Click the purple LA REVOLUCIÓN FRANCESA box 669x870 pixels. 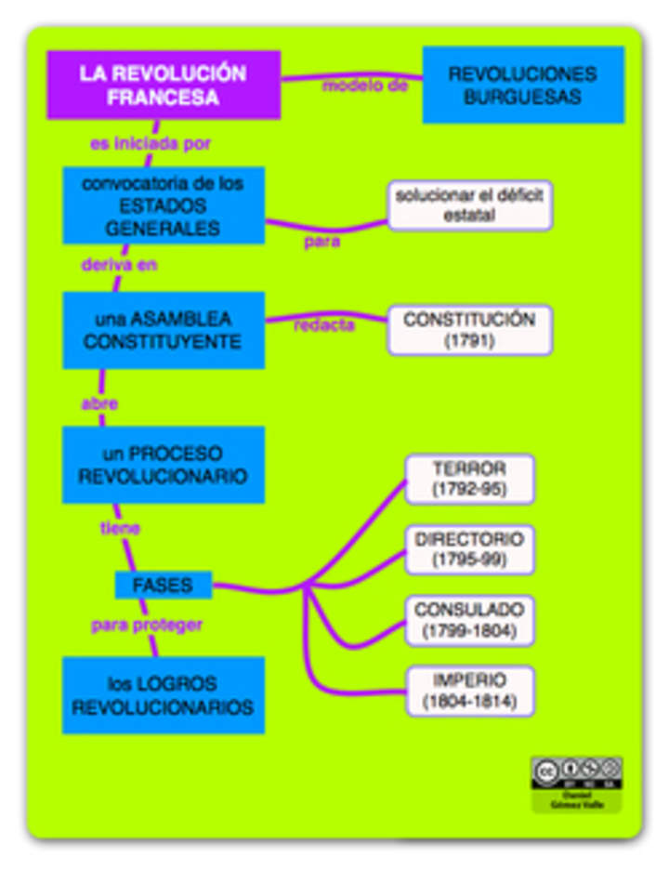(x=164, y=85)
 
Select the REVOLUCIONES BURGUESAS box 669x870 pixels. (x=523, y=85)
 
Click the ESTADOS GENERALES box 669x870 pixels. (x=164, y=205)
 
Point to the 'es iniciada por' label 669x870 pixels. (x=150, y=144)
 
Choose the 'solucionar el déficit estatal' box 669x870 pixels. (x=469, y=205)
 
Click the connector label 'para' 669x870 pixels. (x=322, y=242)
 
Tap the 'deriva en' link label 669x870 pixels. (x=119, y=265)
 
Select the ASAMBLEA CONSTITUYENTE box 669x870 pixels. (x=164, y=330)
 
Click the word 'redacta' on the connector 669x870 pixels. (x=324, y=326)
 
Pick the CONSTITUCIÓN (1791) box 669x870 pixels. (x=469, y=330)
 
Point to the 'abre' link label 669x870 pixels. (x=99, y=404)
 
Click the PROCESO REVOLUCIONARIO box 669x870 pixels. (x=164, y=465)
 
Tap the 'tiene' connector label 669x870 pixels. (x=120, y=529)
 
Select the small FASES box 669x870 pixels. (x=163, y=586)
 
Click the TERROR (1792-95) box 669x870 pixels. (x=469, y=479)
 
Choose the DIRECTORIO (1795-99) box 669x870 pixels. (x=469, y=549)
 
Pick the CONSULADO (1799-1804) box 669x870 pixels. (x=469, y=620)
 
